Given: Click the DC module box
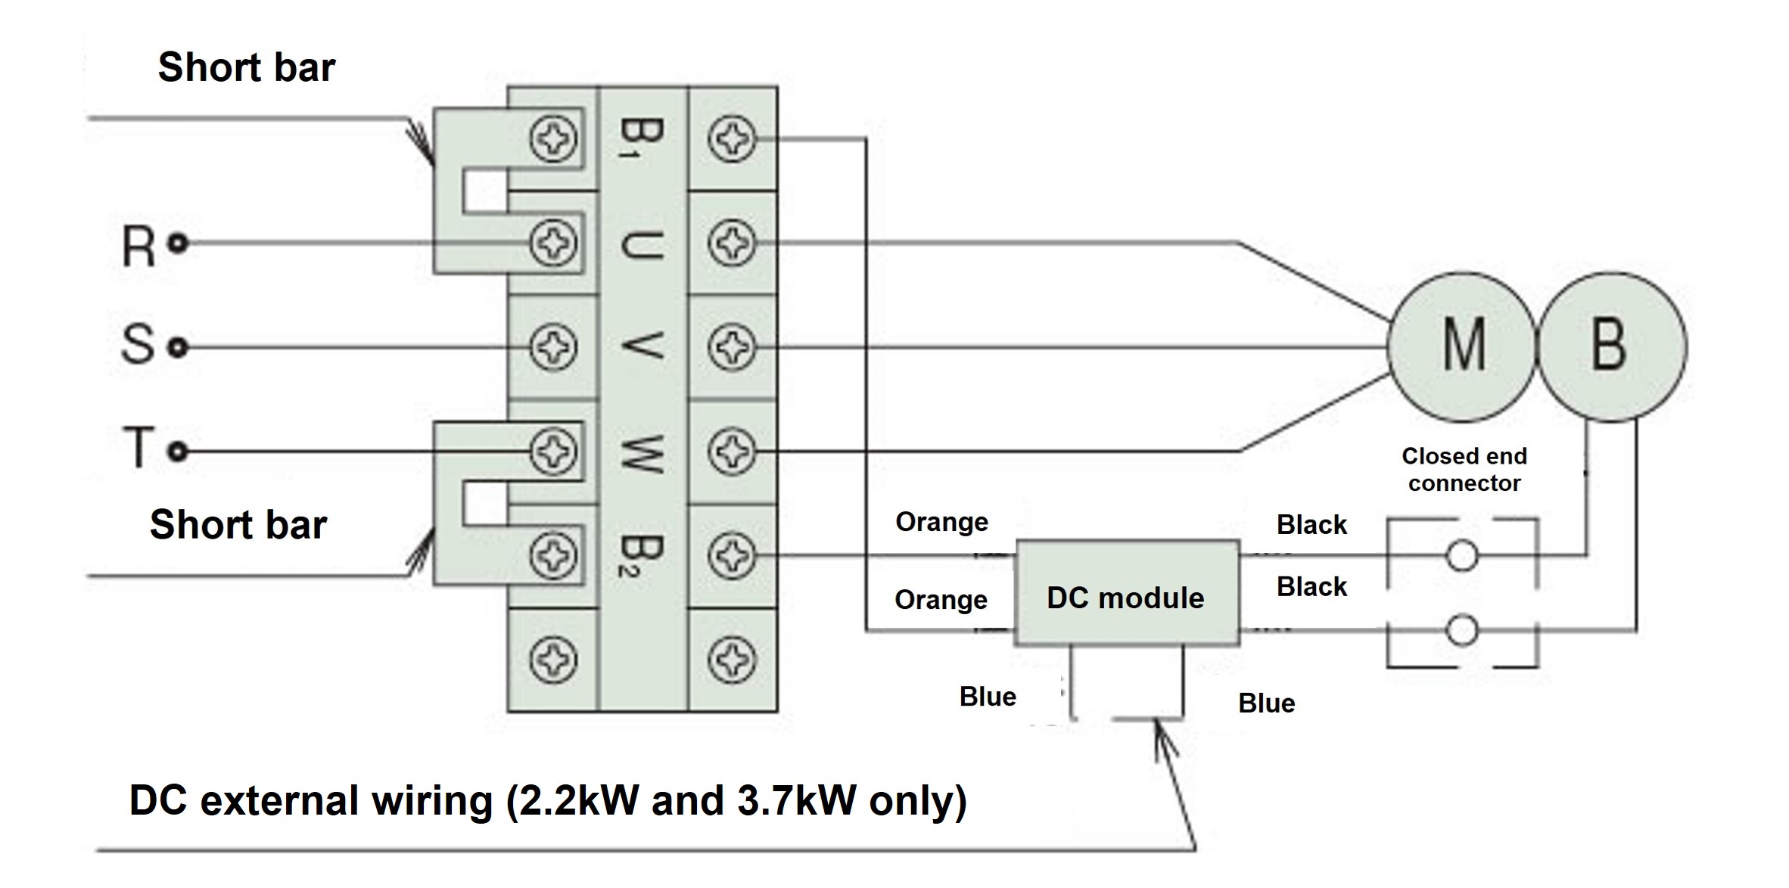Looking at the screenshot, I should pyautogui.click(x=1126, y=593).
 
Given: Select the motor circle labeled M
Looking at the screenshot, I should pyautogui.click(x=1462, y=346).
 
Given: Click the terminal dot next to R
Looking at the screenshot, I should pyautogui.click(x=179, y=244).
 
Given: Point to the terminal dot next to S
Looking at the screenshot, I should pyautogui.click(x=179, y=347).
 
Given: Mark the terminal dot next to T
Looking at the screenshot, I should pyautogui.click(x=179, y=452).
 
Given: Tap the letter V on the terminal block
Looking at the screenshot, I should pyautogui.click(x=642, y=346).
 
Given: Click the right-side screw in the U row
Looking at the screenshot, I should pyautogui.click(x=732, y=243).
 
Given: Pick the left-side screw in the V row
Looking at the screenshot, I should pyautogui.click(x=552, y=347).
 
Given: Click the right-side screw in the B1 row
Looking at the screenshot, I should pyautogui.click(x=732, y=138).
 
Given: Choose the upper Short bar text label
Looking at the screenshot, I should pyautogui.click(x=246, y=67).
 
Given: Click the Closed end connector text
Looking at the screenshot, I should pyautogui.click(x=1464, y=469).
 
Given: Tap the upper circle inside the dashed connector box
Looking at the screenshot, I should pyautogui.click(x=1461, y=556).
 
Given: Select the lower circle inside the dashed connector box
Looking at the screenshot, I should pyautogui.click(x=1461, y=629).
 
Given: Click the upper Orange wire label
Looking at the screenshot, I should pyautogui.click(x=941, y=522).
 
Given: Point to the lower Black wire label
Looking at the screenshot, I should pyautogui.click(x=1311, y=586).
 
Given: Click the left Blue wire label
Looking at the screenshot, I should pyautogui.click(x=988, y=697).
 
